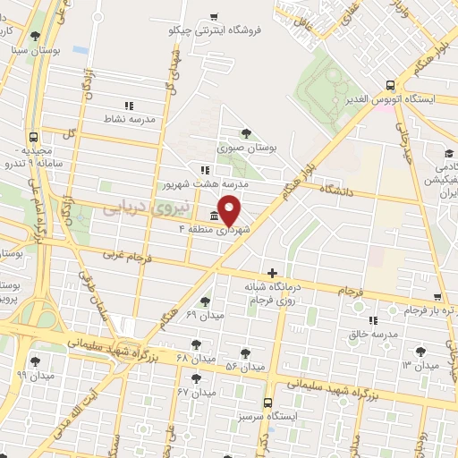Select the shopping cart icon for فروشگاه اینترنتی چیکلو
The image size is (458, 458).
pos(214,16)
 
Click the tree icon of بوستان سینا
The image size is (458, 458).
pos(34,36)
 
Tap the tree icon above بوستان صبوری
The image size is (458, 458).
pos(246,132)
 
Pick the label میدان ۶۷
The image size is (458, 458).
pos(197,393)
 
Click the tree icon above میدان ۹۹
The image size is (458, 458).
pos(34,361)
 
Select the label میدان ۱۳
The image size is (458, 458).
pos(420,366)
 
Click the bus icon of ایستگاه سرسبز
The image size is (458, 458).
pos(269,403)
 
